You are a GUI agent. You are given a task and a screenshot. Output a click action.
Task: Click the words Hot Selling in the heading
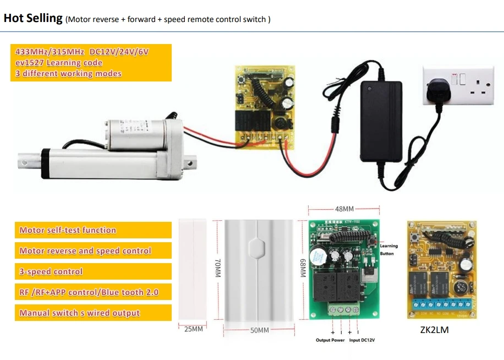pyautogui.click(x=33, y=18)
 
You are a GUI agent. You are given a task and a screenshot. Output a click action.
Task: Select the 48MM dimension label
pyautogui.click(x=344, y=209)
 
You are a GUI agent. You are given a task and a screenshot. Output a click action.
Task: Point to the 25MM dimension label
pyautogui.click(x=193, y=329)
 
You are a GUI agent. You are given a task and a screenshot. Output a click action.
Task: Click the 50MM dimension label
pyautogui.click(x=260, y=330)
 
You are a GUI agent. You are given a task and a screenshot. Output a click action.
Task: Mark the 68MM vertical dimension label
pyautogui.click(x=302, y=269)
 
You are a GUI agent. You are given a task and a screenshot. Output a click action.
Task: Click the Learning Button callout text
pyautogui.click(x=388, y=250)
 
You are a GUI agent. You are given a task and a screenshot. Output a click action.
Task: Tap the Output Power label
pyautogui.click(x=330, y=340)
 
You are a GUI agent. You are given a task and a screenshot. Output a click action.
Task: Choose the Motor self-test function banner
pyautogui.click(x=68, y=230)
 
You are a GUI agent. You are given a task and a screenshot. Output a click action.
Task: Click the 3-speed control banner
pyautogui.click(x=51, y=271)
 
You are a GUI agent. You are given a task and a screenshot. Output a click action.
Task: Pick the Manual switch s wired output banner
pyautogui.click(x=80, y=313)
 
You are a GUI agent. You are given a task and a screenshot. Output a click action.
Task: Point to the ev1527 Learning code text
pyautogui.click(x=59, y=63)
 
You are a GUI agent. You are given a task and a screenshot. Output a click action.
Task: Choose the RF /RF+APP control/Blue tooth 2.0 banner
pyautogui.click(x=89, y=292)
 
